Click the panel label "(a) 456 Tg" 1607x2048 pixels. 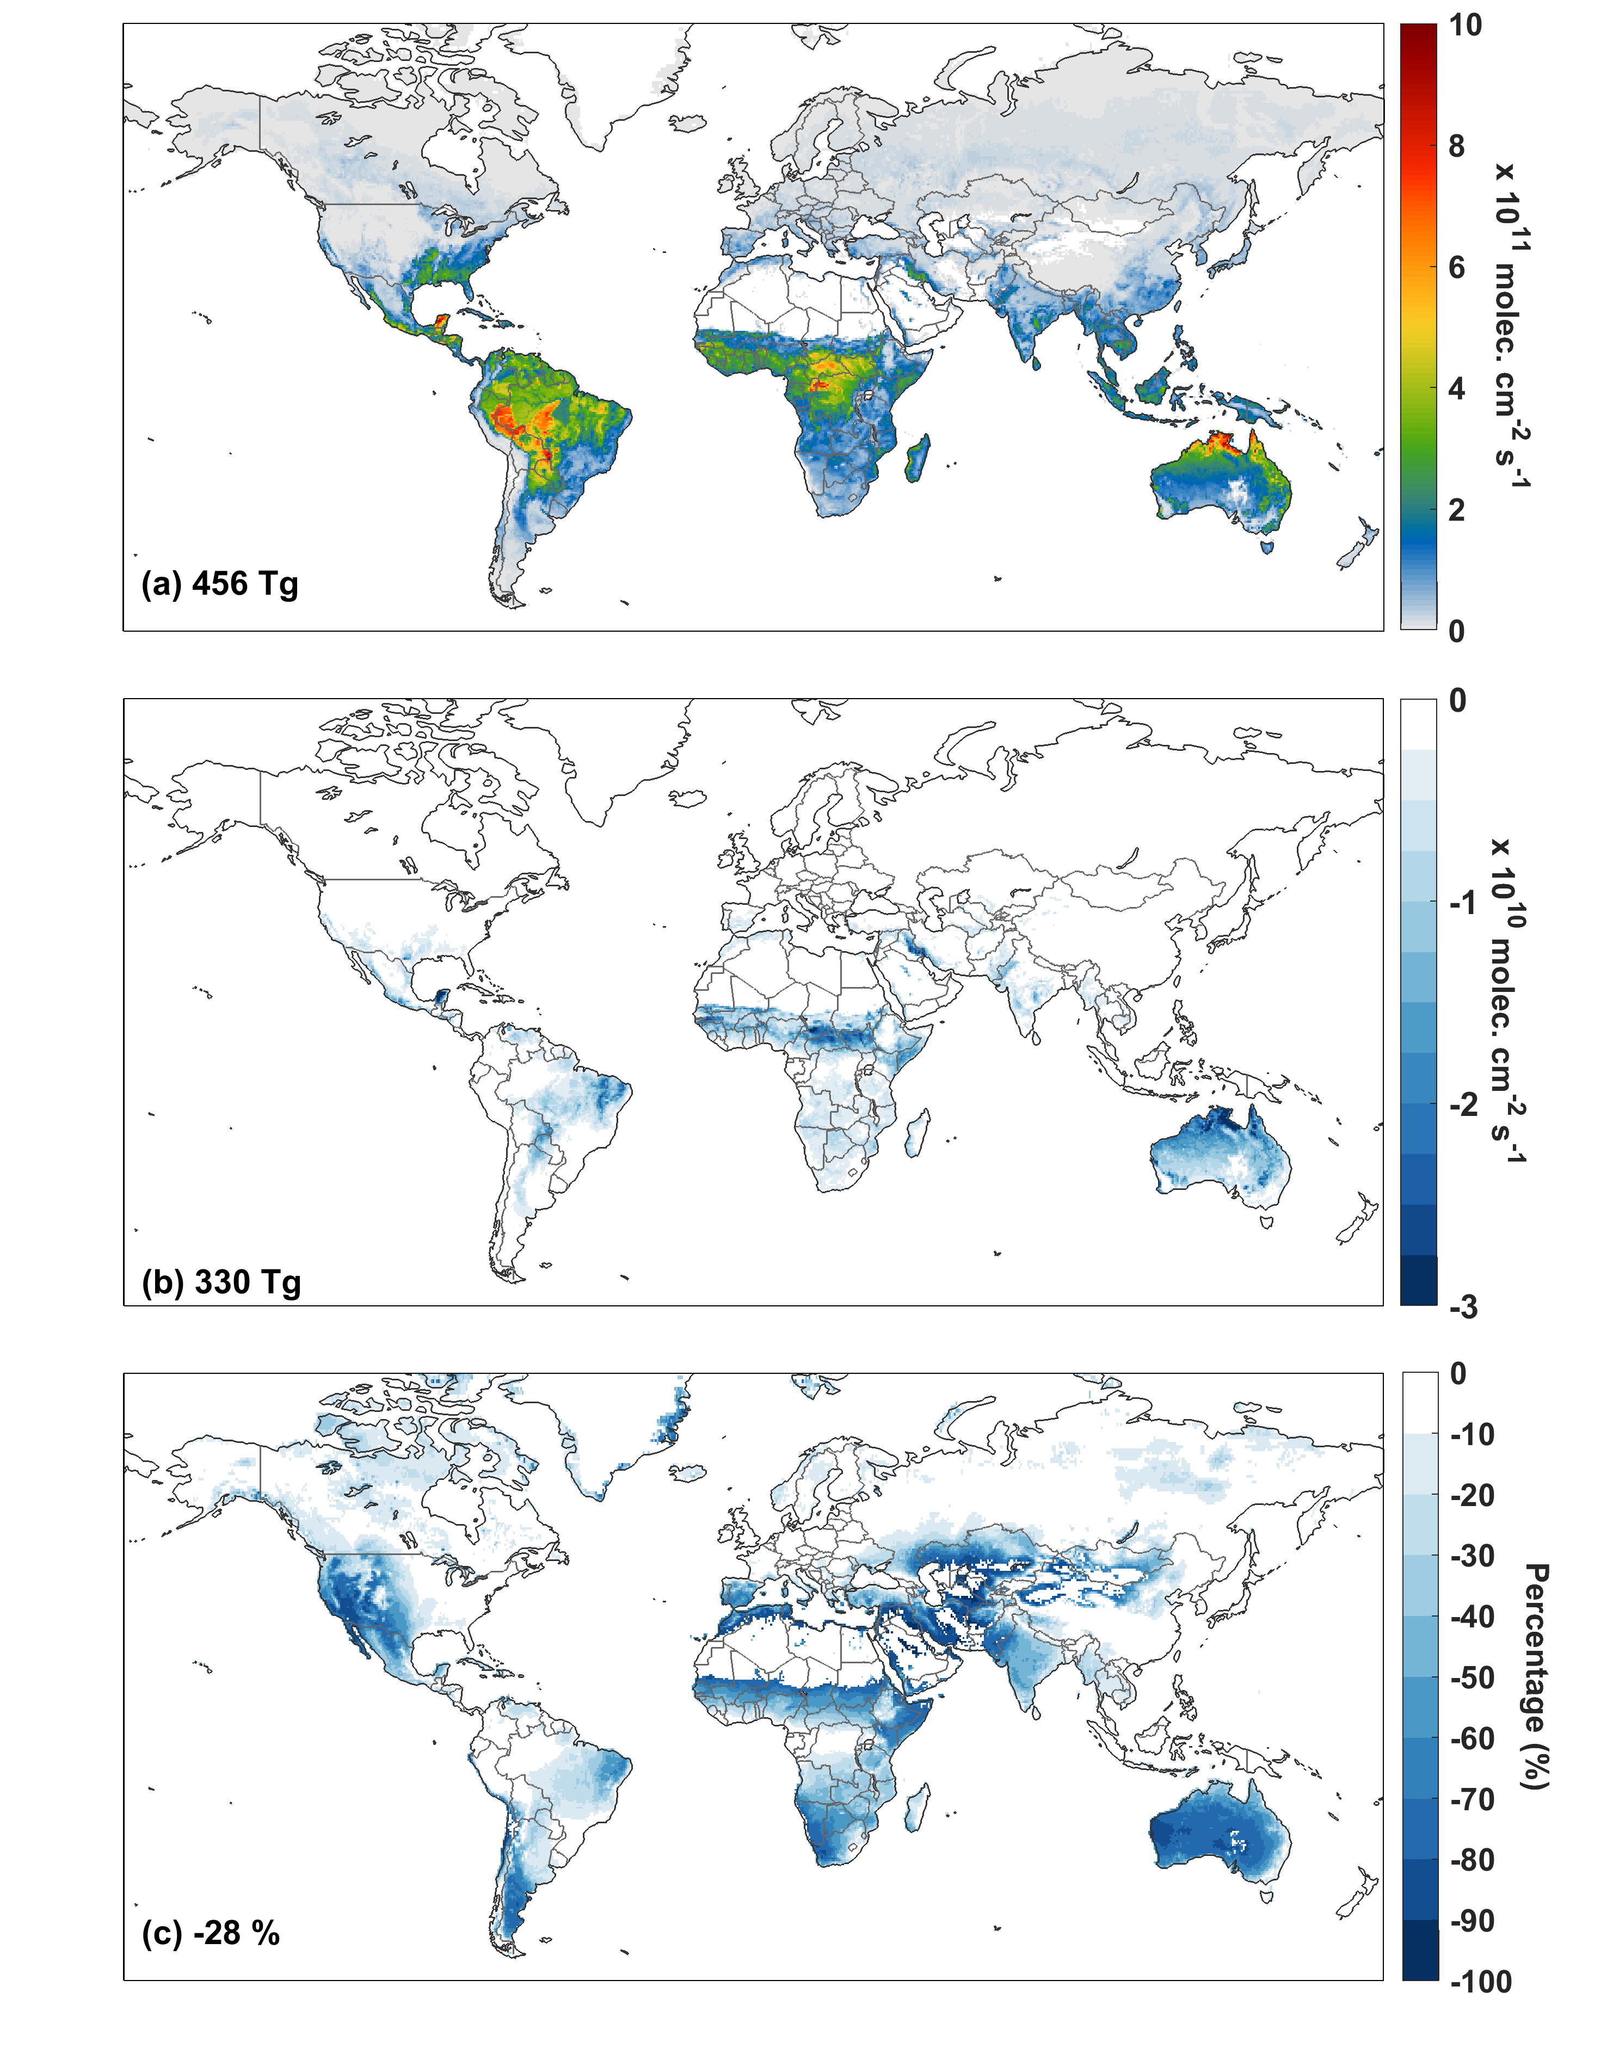[x=220, y=584]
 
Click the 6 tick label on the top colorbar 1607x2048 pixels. [x=1456, y=268]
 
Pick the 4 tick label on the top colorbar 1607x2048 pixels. [x=1456, y=388]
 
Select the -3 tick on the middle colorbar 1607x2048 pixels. [x=1464, y=1307]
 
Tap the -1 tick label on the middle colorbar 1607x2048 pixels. [x=1464, y=903]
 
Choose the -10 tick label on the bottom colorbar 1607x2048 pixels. [x=1473, y=1435]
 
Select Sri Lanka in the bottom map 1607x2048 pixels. [x=1036, y=1712]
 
